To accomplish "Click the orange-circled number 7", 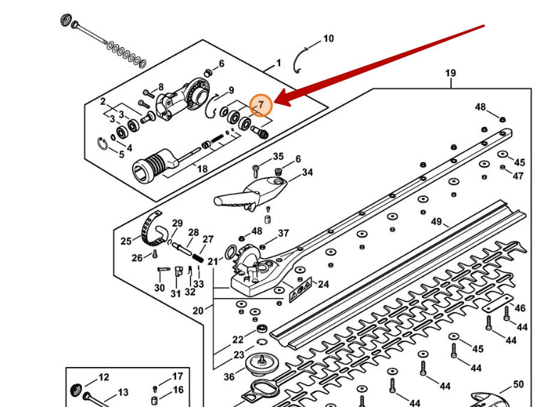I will point(261,105).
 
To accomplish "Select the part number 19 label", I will point(450,73).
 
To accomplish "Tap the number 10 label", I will point(328,38).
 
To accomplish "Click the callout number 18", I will point(202,169).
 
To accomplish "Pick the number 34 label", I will point(307,172).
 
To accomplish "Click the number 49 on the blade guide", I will point(436,221).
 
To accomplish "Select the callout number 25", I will point(125,241).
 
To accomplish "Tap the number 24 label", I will point(324,284).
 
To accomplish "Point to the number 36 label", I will point(229,377).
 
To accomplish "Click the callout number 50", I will point(518,385).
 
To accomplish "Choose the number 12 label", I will point(103,377).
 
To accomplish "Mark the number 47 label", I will point(518,176).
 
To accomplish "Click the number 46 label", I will point(520,309).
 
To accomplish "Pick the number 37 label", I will point(284,233).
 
